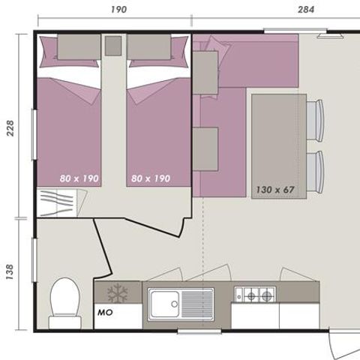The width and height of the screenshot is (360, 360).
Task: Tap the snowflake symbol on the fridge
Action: pyautogui.click(x=118, y=293)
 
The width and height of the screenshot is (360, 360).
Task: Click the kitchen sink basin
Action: pyautogui.click(x=163, y=304)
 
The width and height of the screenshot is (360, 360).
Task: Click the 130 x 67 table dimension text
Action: pyautogui.click(x=274, y=190)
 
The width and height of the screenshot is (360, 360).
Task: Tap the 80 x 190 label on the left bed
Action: pyautogui.click(x=79, y=178)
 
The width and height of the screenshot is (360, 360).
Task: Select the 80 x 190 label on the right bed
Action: pyautogui.click(x=151, y=178)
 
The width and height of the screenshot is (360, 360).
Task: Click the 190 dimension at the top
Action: pyautogui.click(x=118, y=9)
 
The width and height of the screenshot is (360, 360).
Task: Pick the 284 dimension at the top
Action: pyautogui.click(x=305, y=9)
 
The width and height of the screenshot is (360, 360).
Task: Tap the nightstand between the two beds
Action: pyautogui.click(x=113, y=46)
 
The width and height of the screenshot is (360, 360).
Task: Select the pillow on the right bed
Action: pyautogui.click(x=148, y=47)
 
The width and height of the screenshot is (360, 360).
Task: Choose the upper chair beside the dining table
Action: pyautogui.click(x=315, y=118)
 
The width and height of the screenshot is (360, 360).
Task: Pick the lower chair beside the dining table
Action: pyautogui.click(x=315, y=169)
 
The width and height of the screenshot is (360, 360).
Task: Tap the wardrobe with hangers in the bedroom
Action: pyautogui.click(x=62, y=203)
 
